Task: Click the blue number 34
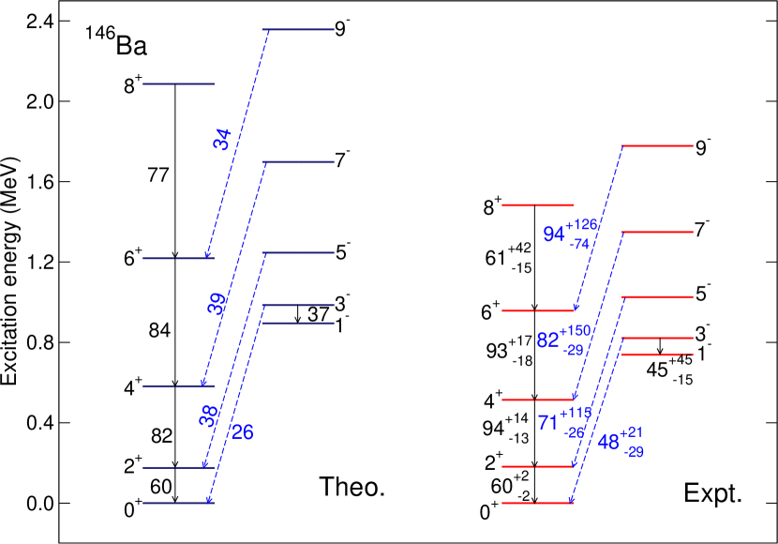pyautogui.click(x=221, y=140)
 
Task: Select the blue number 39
pyautogui.click(x=217, y=303)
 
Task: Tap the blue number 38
pyautogui.click(x=208, y=416)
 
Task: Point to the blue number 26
pyautogui.click(x=242, y=432)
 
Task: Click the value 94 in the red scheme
pyautogui.click(x=553, y=234)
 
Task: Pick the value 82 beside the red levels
pyautogui.click(x=547, y=340)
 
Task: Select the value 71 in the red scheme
pyautogui.click(x=548, y=423)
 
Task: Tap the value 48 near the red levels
pyautogui.click(x=608, y=443)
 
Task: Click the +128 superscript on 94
pyautogui.click(x=581, y=225)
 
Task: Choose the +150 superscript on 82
pyautogui.click(x=576, y=331)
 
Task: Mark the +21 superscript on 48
pyautogui.click(x=631, y=432)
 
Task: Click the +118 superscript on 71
pyautogui.click(x=576, y=413)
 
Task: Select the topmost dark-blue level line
pyautogui.click(x=298, y=30)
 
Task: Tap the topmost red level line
pyautogui.click(x=658, y=145)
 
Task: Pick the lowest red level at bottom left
pyautogui.click(x=537, y=504)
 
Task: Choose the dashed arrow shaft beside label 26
pyautogui.click(x=232, y=413)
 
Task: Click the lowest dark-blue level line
pyautogui.click(x=178, y=504)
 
